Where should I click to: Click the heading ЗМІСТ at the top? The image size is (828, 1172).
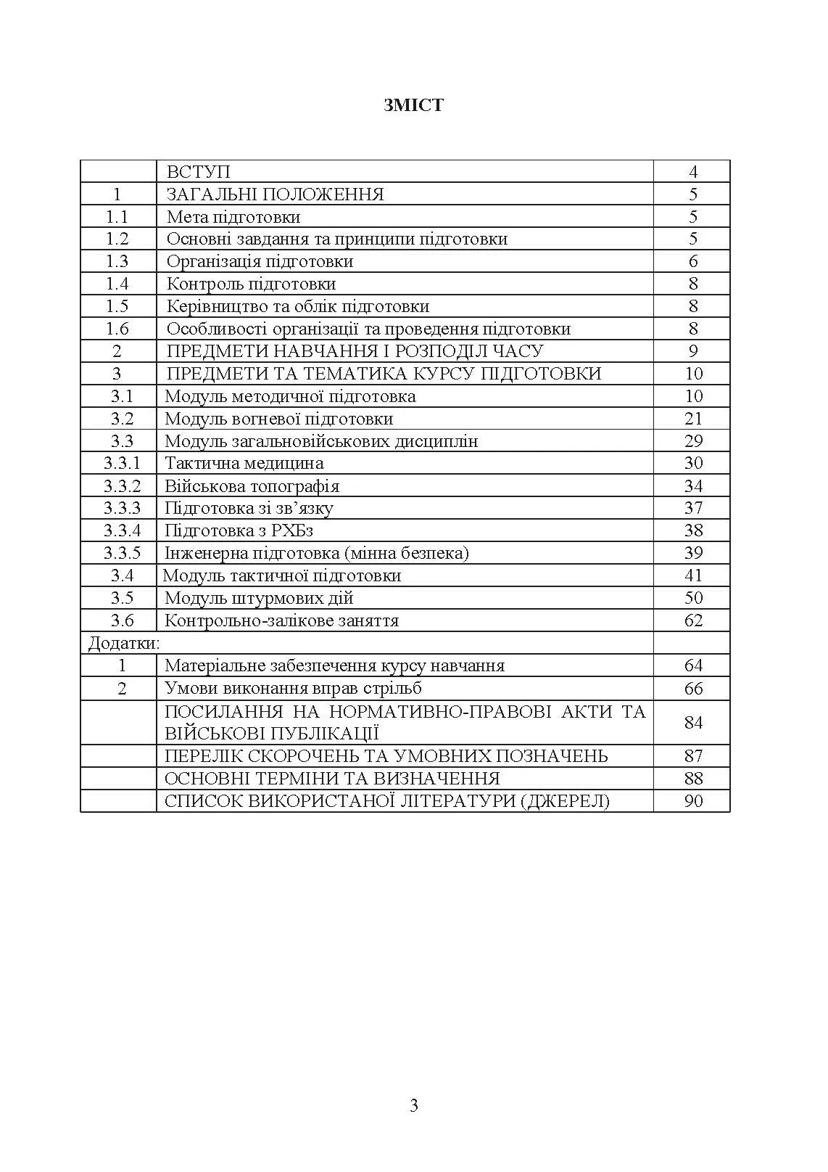413,105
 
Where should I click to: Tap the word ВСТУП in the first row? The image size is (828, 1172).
198,172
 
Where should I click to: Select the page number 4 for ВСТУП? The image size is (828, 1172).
693,172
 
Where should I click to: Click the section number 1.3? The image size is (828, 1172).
117,261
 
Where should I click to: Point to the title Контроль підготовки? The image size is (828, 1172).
251,284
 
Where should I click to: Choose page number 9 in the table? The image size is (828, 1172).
693,351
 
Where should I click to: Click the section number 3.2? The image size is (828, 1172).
123,419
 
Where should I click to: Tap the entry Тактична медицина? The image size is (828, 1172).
244,463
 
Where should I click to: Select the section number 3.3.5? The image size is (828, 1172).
122,553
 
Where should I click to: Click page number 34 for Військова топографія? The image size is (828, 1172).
693,485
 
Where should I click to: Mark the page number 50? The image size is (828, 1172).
693,598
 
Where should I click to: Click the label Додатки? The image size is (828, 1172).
124,643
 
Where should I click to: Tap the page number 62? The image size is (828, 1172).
693,620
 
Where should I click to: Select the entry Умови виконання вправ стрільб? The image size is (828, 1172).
293,688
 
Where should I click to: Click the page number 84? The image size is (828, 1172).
693,722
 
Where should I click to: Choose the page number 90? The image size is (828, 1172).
693,800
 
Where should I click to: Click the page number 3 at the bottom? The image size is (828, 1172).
414,1106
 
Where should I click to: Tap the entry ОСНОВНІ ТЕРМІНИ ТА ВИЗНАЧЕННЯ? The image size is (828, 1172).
332,778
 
